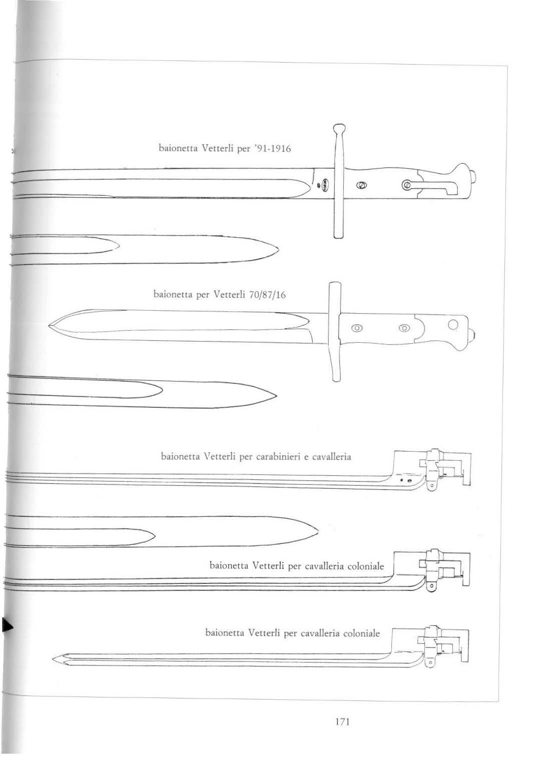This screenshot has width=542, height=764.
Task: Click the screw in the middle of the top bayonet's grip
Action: click(360, 186)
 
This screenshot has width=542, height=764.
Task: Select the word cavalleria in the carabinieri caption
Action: click(332, 457)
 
